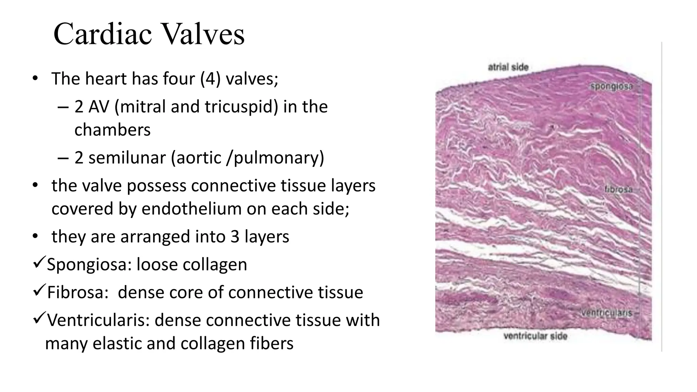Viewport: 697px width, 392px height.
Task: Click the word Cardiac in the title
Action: (102, 34)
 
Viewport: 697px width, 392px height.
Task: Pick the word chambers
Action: (112, 130)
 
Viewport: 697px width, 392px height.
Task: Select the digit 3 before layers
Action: (235, 237)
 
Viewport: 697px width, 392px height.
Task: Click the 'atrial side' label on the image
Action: (508, 67)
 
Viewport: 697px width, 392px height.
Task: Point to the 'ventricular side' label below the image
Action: (535, 336)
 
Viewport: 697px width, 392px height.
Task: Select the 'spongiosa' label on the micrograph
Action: (611, 86)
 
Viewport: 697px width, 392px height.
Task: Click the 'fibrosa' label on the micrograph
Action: (618, 190)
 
